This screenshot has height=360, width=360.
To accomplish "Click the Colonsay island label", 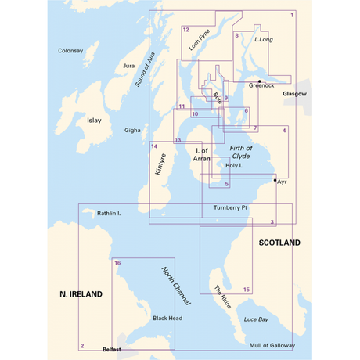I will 70,51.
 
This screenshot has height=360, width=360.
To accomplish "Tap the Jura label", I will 130,67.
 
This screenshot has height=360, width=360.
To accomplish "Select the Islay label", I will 94,121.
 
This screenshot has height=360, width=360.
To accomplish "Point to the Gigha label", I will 132,131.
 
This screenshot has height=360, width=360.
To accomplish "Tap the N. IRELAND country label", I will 81,294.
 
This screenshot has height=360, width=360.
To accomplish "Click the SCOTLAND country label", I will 279,243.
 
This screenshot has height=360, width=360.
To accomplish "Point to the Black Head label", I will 167,319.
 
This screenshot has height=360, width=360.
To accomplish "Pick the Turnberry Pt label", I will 230,208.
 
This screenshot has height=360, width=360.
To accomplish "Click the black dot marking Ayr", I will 275,180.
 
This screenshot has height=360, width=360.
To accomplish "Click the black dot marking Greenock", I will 260,81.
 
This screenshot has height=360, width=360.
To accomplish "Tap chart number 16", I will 117,264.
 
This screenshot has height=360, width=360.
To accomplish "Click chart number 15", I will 247,290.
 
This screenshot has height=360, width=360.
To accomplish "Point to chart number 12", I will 186,30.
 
